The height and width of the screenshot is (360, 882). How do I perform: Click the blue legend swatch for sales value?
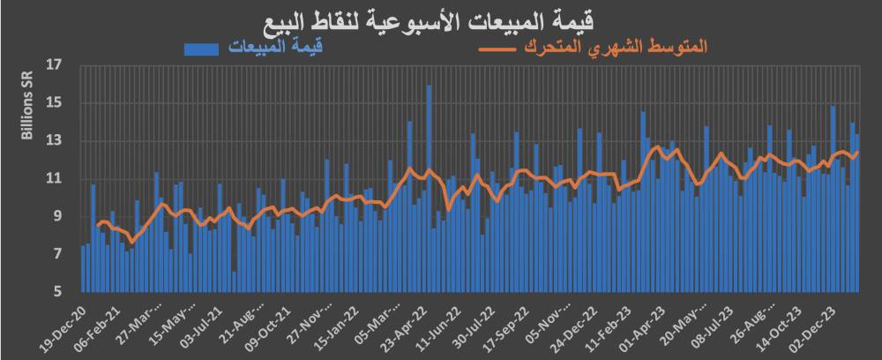[x=205, y=49]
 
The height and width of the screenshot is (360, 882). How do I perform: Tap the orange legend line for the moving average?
[x=498, y=49]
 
